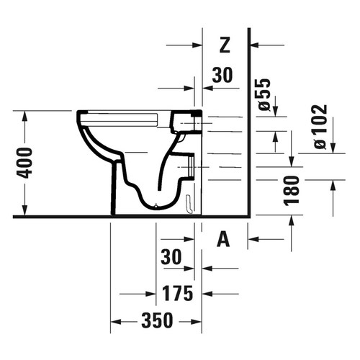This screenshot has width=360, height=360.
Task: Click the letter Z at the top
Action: (x=224, y=45)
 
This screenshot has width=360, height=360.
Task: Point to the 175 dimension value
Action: (x=177, y=294)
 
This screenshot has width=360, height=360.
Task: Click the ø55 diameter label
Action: (x=264, y=95)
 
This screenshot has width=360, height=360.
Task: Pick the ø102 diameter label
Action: (x=320, y=127)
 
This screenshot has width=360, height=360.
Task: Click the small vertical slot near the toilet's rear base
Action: (x=188, y=204)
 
